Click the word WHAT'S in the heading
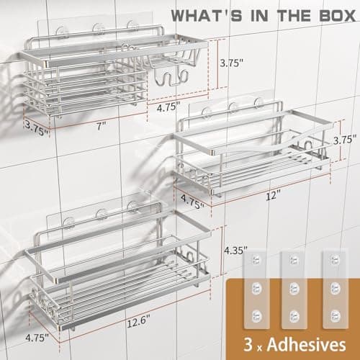point(207,16)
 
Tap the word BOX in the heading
point(338,16)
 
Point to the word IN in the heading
point(260,16)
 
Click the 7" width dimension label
point(102,126)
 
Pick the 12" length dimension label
point(274,196)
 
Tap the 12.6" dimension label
point(138,322)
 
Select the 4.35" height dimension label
point(235,251)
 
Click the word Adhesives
point(307,345)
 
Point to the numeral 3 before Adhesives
point(248,345)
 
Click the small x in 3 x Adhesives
point(260,348)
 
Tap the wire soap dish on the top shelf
point(171,59)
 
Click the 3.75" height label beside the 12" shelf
point(345,140)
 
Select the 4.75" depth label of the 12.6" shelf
point(37,338)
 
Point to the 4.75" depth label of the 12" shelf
point(192,202)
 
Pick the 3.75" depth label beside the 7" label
point(37,128)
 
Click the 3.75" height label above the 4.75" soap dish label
point(232,63)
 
